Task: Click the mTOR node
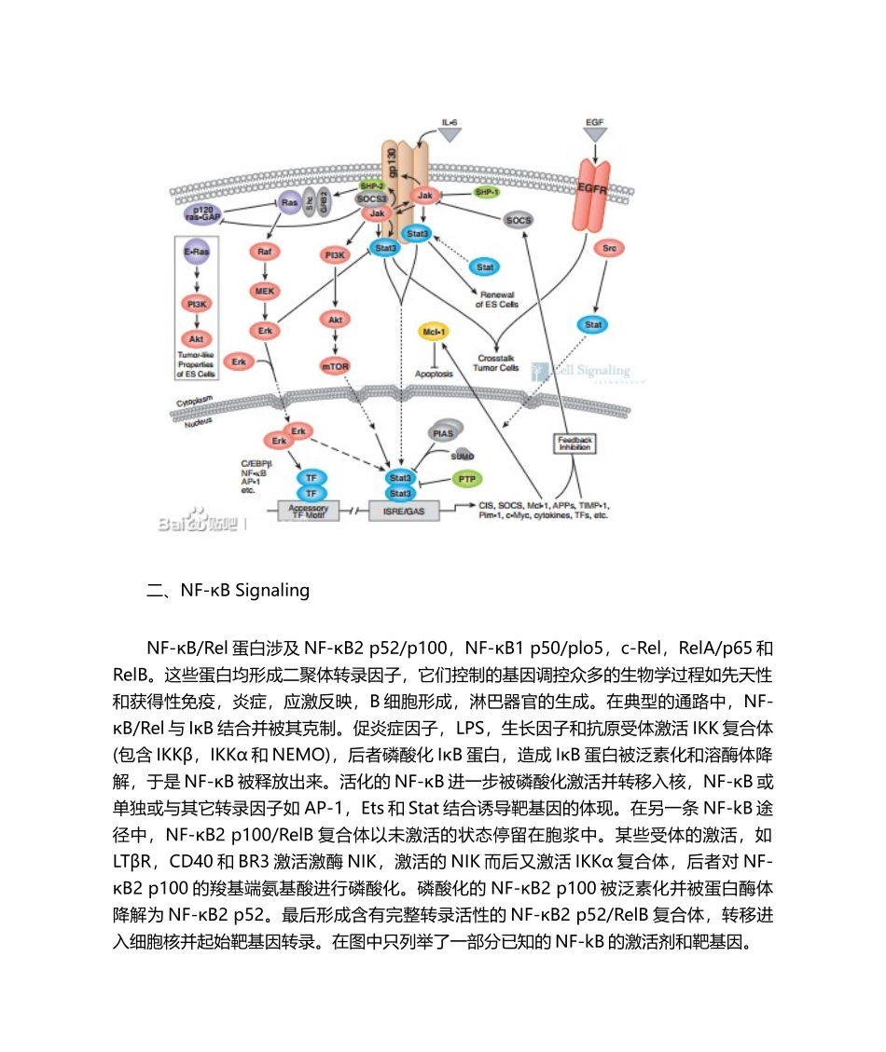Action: point(334,366)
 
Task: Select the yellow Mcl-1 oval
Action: point(432,331)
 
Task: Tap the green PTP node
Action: point(465,478)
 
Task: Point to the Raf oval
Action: point(264,253)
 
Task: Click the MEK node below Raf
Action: point(264,291)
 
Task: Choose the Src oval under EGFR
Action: point(610,249)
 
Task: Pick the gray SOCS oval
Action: point(519,221)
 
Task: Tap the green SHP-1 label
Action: point(486,191)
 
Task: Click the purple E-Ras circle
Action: point(196,253)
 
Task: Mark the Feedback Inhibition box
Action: point(574,443)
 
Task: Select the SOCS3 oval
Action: point(372,198)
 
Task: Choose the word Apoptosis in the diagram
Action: point(434,374)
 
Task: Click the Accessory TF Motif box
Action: point(308,511)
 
